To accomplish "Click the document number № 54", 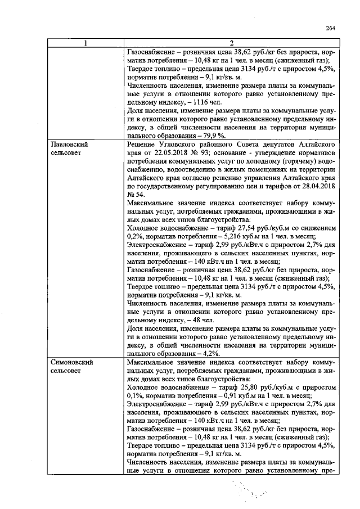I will coord(137,193).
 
